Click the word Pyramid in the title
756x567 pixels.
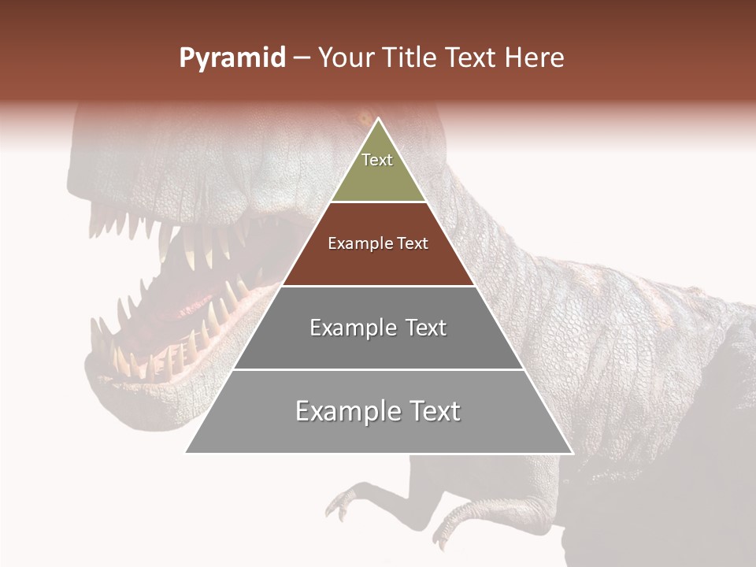point(232,58)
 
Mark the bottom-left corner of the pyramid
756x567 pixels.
point(187,452)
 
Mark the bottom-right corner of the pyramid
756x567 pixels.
point(572,452)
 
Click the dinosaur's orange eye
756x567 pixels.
point(363,120)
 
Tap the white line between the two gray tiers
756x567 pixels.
point(378,369)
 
